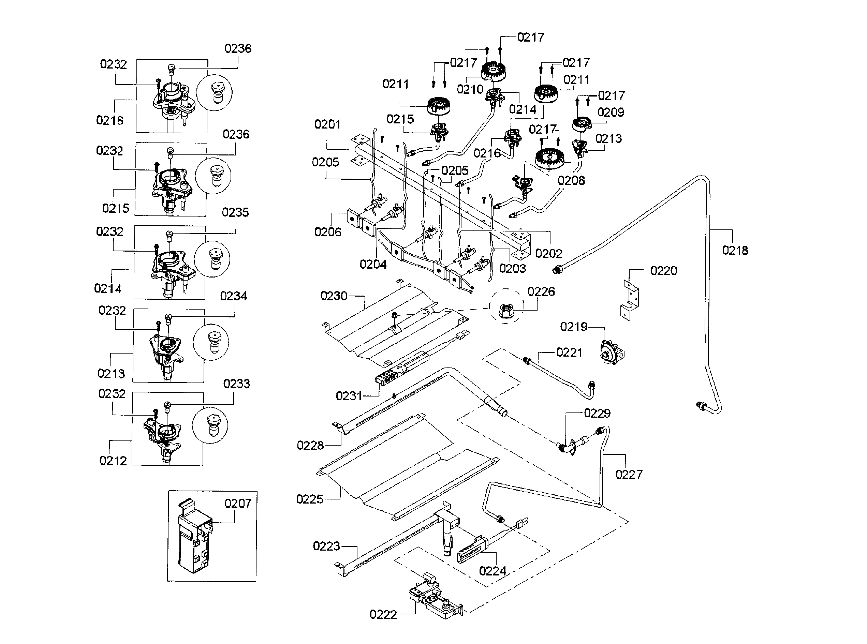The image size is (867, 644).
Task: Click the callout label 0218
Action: tap(735, 250)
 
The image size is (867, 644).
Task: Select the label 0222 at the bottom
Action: tap(383, 615)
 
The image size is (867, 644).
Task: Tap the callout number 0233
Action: tap(236, 384)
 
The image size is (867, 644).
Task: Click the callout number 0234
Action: tap(233, 296)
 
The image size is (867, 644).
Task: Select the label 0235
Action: tap(235, 212)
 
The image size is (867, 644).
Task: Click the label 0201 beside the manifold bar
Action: tap(328, 124)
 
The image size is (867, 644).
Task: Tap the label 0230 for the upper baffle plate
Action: tap(334, 296)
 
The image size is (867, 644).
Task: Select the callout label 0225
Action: tap(310, 499)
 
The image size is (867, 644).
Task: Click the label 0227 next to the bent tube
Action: tap(629, 475)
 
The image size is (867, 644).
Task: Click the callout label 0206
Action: tap(328, 232)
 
